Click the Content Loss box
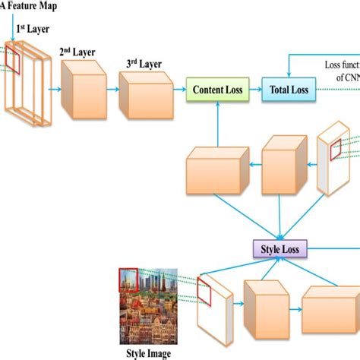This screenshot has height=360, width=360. (x=218, y=90)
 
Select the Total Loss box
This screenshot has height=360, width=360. (x=289, y=90)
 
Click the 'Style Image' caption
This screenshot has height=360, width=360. (x=148, y=353)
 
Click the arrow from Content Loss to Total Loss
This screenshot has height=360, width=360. (x=254, y=90)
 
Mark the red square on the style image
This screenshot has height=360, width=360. (x=128, y=279)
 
